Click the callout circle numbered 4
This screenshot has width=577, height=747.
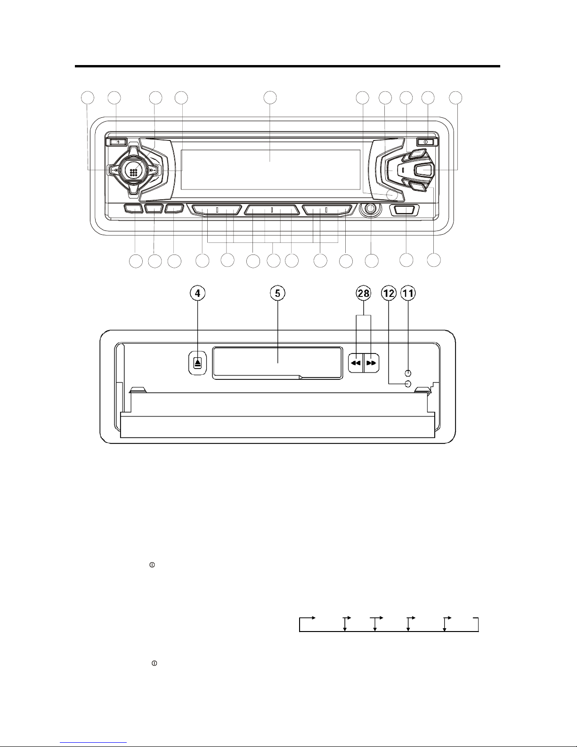(x=198, y=293)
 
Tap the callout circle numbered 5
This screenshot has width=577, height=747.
(x=277, y=293)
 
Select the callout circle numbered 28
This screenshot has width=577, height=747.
(x=364, y=293)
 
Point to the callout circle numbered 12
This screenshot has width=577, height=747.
(x=389, y=293)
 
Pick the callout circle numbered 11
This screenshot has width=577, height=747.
(x=408, y=293)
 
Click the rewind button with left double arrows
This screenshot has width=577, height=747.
(x=356, y=363)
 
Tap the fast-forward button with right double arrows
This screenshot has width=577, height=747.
(x=371, y=363)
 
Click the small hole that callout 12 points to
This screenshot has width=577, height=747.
(x=408, y=384)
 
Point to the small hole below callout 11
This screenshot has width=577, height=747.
(x=408, y=373)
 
